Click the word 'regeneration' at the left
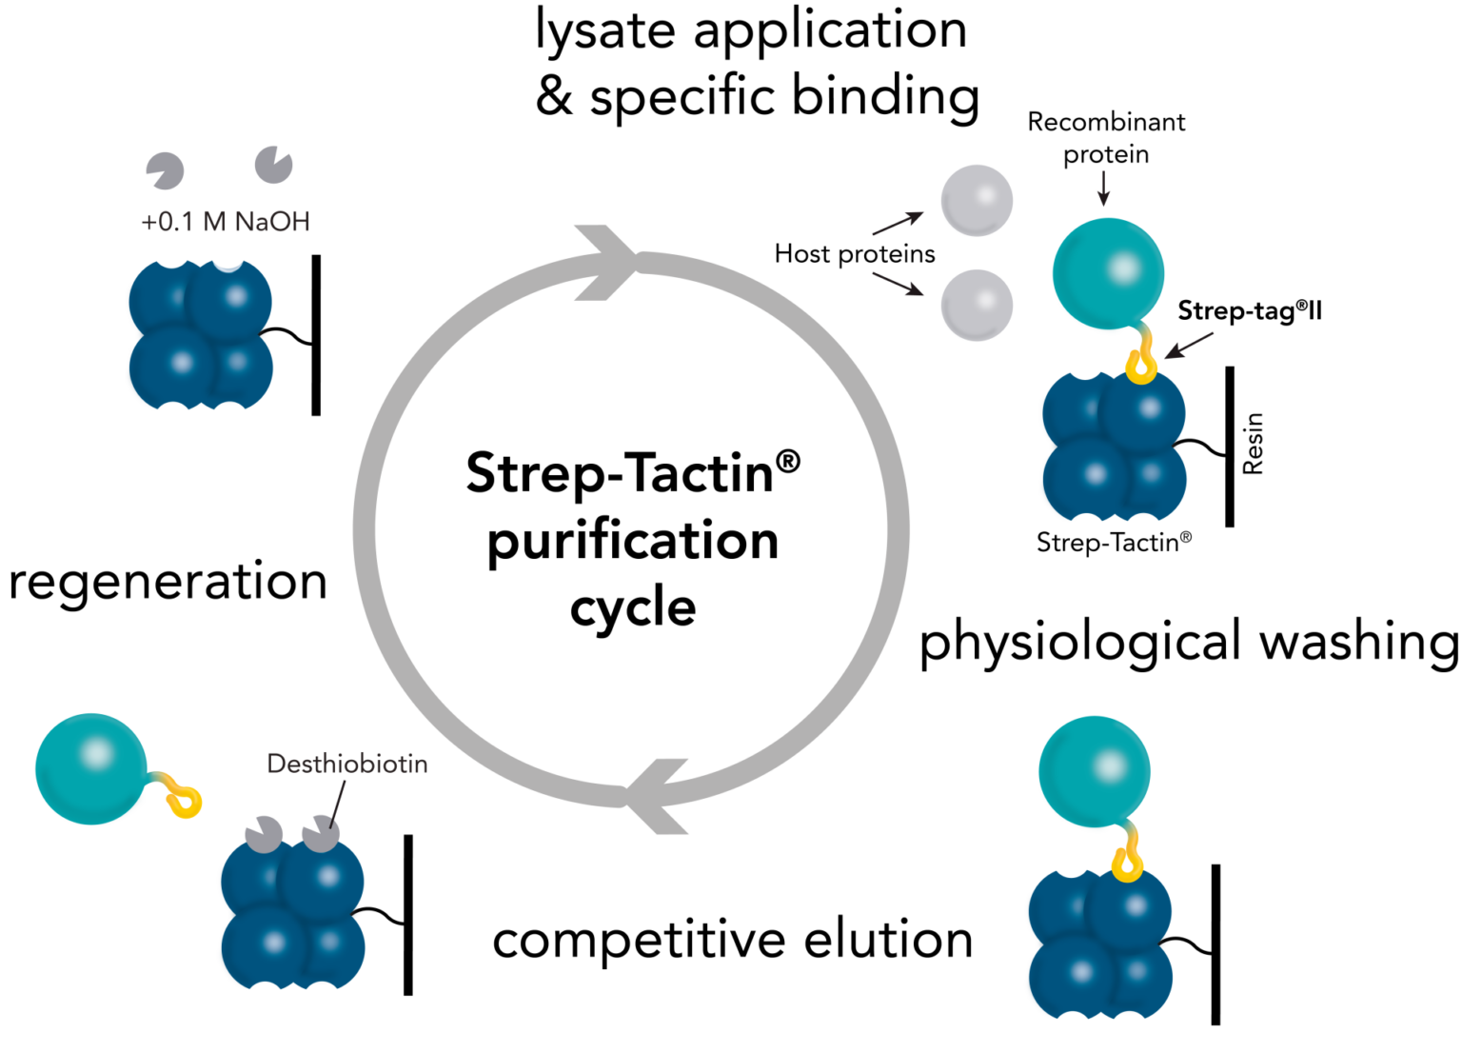coord(168,582)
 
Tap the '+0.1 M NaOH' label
coord(226,222)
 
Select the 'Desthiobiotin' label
coord(346,764)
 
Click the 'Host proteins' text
coord(854,254)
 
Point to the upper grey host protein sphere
coord(976,201)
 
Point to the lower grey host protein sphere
coord(976,305)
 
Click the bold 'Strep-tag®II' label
coord(1249,311)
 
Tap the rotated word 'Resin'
coord(1253,444)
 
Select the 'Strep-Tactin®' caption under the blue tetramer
coord(1113,543)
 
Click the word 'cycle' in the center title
coord(633,608)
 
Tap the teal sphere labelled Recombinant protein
coord(1108,273)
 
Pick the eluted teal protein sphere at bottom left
coord(91,768)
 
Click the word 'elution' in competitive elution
coord(888,940)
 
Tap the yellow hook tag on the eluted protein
coord(185,802)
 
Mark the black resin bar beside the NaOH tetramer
coord(316,335)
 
